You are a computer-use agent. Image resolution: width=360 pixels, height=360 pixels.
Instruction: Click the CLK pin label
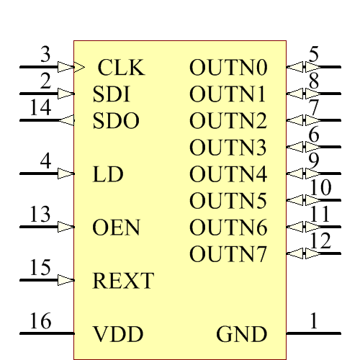coord(121,68)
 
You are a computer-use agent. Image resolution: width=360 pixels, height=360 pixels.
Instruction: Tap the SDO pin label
coord(116,121)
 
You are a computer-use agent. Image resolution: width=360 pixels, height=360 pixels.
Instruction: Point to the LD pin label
coord(108,174)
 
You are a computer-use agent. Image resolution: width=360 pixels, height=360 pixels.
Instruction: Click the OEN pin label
coord(117,228)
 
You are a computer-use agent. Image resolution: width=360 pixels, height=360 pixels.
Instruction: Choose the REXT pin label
coord(123,281)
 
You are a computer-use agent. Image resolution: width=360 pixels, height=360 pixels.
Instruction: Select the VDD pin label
coord(118,334)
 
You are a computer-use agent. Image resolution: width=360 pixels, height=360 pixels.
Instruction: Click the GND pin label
coord(242,334)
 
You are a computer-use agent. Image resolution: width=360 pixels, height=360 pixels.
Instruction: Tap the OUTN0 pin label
coord(228,68)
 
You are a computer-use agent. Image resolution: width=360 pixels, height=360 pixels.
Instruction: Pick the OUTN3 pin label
coord(228,148)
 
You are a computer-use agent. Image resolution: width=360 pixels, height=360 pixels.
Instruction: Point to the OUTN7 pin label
coord(228,254)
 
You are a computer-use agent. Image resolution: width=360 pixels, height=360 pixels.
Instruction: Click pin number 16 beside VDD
coord(40,321)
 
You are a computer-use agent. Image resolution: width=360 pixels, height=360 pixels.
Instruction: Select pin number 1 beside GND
coord(313,321)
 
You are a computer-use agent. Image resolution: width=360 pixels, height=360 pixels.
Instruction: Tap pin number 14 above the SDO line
coord(40,107)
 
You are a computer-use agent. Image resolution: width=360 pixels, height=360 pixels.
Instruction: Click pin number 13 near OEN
coord(40,215)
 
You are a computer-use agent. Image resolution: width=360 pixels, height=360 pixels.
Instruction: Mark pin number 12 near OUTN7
coord(320,241)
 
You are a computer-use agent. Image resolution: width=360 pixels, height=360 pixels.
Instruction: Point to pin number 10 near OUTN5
coord(320,188)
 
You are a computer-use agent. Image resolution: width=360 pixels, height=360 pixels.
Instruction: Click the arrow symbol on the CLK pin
coord(66,67)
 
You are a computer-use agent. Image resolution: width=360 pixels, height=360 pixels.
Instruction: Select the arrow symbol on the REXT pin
coord(66,279)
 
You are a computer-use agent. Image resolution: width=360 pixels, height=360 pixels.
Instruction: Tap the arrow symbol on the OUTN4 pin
coord(296,174)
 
